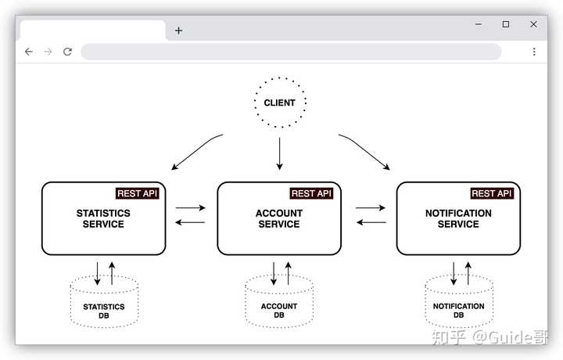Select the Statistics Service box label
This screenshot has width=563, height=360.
coord(103,218)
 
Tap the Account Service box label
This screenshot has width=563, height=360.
coord(279,218)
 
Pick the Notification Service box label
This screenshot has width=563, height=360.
coord(458,218)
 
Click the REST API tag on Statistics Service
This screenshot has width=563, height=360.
coord(137,193)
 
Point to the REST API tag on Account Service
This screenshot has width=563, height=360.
coord(311,193)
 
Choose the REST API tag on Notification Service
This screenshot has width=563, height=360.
coord(492,193)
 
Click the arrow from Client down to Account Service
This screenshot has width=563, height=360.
coord(279,153)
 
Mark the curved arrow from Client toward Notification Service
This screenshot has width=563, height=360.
coord(366,149)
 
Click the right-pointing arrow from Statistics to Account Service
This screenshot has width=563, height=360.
coord(190,207)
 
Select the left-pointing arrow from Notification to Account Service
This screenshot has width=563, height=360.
coord(371,222)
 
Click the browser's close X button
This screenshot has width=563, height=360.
coord(533,24)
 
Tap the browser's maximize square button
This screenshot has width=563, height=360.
coord(506,24)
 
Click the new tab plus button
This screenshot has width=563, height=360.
coord(179,31)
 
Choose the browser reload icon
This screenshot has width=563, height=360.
coord(67,52)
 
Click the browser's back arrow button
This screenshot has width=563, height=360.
coord(29,52)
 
